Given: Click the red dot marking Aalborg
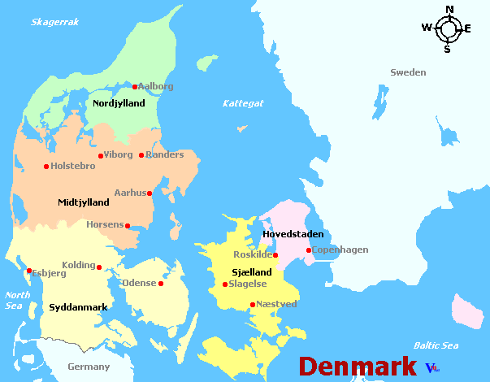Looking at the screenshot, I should (x=135, y=87).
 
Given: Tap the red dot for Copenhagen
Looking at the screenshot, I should (x=308, y=250).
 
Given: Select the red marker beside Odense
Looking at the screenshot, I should (x=161, y=284).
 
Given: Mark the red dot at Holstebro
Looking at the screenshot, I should (x=46, y=167).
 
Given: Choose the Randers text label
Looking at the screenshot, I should (x=165, y=154).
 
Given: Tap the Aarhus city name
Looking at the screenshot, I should (x=129, y=193).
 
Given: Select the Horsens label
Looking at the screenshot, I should (x=105, y=224).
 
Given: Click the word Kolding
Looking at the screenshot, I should (x=79, y=265).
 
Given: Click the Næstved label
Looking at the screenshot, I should (x=276, y=304).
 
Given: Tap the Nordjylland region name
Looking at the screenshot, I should (x=119, y=103).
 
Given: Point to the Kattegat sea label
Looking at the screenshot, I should (x=243, y=103).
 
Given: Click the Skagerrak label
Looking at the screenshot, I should (x=54, y=22).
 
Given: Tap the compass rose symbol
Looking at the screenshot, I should (x=447, y=29).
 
